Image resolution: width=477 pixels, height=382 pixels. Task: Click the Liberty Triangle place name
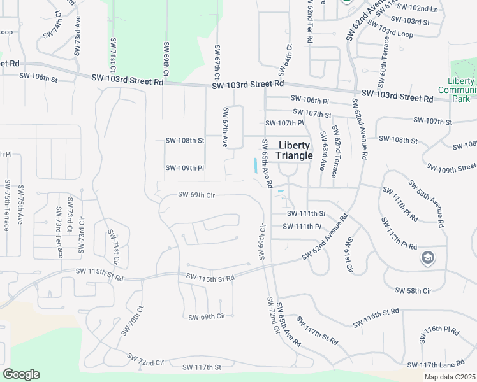tap(294, 150)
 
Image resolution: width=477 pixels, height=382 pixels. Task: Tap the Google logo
tap(21, 374)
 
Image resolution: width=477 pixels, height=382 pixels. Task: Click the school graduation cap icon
tap(427, 258)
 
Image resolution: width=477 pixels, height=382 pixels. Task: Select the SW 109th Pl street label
tap(184, 168)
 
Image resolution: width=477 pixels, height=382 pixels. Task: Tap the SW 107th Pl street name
tap(284, 123)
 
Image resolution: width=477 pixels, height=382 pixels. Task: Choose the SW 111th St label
tap(306, 213)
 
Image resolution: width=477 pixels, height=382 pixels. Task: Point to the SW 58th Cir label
tap(413, 290)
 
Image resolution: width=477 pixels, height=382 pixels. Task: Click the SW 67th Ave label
tap(225, 127)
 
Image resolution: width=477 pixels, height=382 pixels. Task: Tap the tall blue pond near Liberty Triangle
tap(256, 166)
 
